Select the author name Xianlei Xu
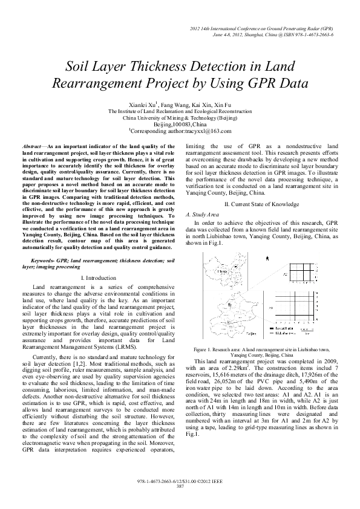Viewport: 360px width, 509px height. tap(143, 104)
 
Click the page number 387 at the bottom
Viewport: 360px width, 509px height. tap(180, 486)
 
